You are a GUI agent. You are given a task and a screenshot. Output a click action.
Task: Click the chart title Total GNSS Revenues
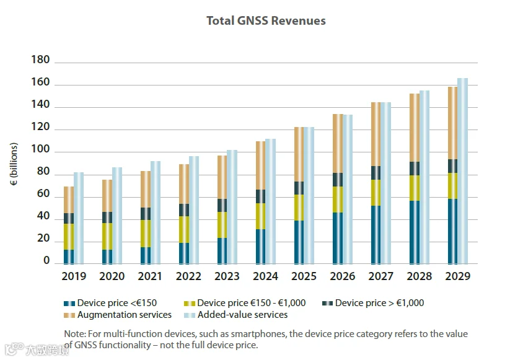pyautogui.click(x=266, y=21)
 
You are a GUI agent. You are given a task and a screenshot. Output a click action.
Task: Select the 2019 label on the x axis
pyautogui.click(x=73, y=276)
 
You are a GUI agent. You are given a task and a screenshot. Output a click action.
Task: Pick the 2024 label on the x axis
pyautogui.click(x=266, y=276)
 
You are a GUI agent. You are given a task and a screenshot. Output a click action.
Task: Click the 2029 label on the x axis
pyautogui.click(x=457, y=276)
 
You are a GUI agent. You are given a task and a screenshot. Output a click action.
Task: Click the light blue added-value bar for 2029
pyautogui.click(x=462, y=170)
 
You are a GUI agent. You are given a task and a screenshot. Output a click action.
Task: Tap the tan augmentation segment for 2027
pyautogui.click(x=376, y=134)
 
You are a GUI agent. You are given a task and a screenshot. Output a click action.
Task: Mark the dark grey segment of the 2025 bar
pyautogui.click(x=299, y=188)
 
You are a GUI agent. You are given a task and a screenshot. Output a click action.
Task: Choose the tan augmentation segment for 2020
pyautogui.click(x=107, y=196)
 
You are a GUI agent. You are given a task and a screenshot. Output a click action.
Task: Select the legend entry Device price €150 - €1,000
pyautogui.click(x=248, y=304)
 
